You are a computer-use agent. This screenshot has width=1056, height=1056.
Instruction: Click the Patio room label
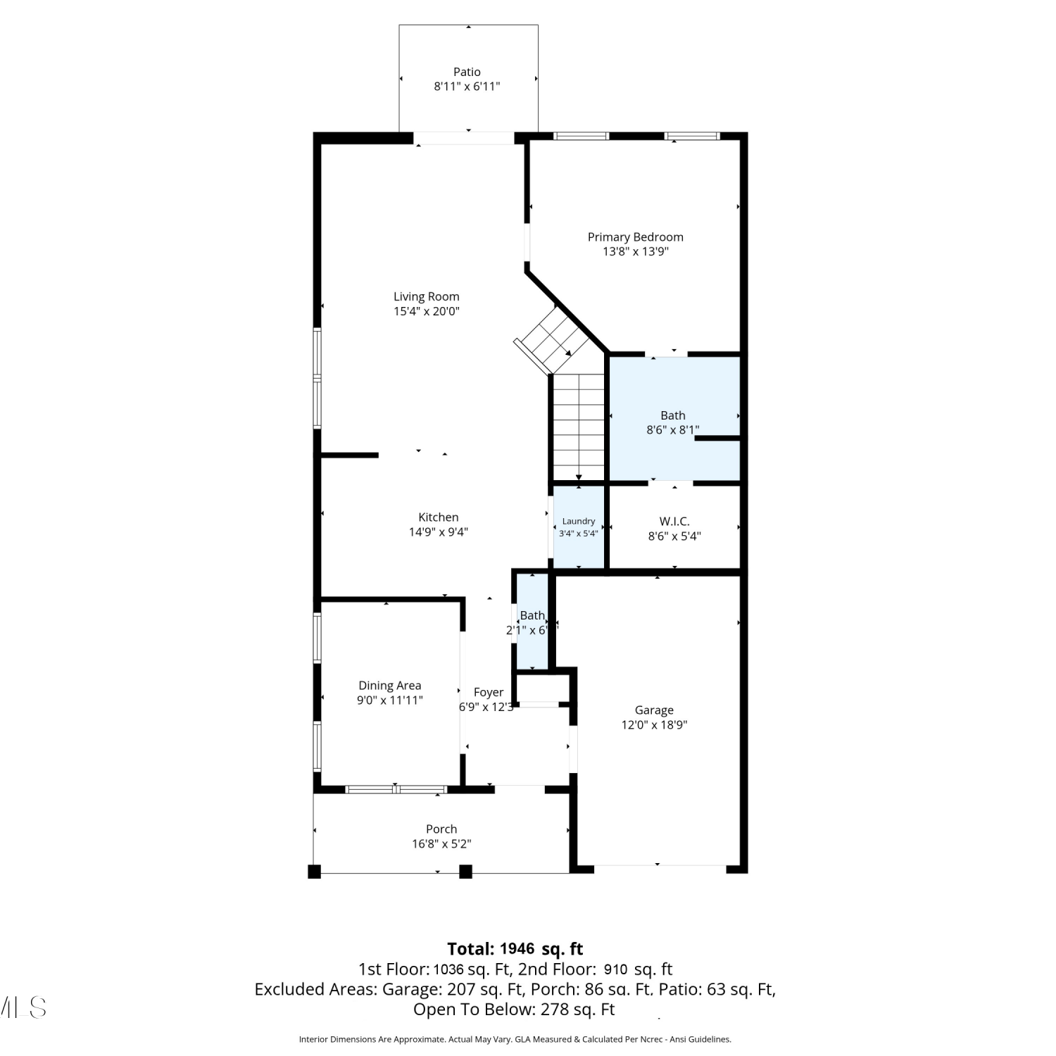tap(467, 72)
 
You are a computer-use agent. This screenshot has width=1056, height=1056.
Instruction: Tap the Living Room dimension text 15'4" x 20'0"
tap(427, 311)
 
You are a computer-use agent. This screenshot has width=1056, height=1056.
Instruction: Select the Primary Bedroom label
tap(636, 237)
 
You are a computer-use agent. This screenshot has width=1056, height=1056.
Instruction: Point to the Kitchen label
tap(439, 517)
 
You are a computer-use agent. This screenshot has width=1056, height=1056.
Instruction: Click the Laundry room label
tap(579, 522)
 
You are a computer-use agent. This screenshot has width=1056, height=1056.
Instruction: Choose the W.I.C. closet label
tap(674, 522)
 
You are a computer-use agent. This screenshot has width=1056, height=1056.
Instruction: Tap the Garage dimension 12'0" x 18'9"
tap(654, 725)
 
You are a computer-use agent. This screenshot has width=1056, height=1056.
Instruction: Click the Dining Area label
tap(390, 686)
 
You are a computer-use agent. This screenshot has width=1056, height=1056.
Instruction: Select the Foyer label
tap(489, 693)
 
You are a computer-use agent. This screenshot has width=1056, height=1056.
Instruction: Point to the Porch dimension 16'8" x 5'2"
tap(441, 844)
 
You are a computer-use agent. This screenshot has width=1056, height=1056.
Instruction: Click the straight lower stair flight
tap(579, 427)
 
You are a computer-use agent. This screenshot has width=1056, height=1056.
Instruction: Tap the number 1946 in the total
tap(517, 949)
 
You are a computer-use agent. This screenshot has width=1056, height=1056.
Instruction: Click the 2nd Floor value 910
tap(615, 969)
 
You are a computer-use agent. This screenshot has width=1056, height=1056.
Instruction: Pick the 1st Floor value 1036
tap(448, 969)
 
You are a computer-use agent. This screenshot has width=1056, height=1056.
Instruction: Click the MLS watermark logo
tap(23, 1007)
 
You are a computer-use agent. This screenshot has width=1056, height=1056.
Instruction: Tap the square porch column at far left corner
tap(314, 872)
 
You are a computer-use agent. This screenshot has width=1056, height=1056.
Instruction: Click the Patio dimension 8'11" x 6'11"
tap(467, 87)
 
